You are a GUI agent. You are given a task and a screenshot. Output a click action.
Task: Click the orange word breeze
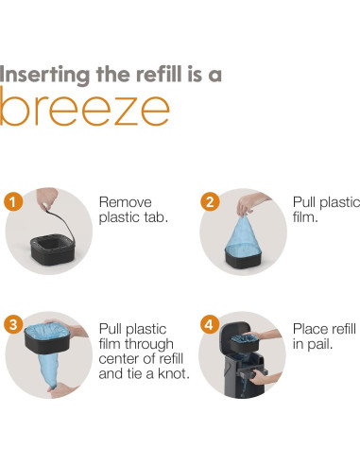coord(84,107)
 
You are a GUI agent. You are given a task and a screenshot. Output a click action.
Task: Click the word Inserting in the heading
coord(44,76)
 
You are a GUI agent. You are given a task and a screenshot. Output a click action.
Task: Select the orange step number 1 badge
coord(13,201)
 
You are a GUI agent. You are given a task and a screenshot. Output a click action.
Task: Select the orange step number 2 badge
coord(210,201)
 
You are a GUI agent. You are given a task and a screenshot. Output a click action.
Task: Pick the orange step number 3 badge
coord(13,324)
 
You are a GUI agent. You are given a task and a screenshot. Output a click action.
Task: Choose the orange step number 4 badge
coord(210,324)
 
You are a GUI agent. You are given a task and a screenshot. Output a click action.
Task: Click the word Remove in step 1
coord(126,202)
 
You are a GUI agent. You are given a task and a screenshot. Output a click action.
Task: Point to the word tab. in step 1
coord(156,217)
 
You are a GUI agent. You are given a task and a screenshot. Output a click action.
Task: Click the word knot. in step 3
coord(174,373)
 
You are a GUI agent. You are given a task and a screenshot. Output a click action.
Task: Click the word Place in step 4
coord(310,329)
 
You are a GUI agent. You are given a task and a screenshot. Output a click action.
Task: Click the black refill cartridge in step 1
coord(53,250)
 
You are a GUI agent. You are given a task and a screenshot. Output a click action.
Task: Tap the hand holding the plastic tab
coord(47,198)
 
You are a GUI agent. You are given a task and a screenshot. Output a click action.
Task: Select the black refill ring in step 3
coord(47,343)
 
